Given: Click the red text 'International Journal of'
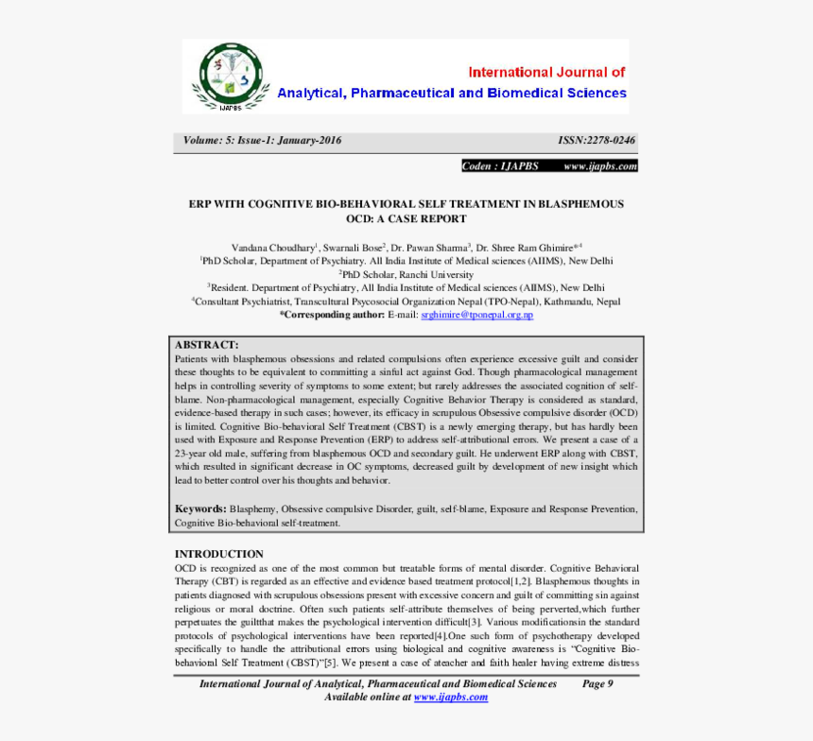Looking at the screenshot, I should (547, 72).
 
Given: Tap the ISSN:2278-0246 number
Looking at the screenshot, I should (597, 141).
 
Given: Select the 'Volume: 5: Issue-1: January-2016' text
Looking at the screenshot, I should (263, 141).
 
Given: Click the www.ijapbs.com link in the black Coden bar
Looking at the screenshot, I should (600, 166).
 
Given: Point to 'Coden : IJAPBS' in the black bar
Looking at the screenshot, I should (500, 166).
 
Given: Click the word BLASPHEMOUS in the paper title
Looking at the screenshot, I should (579, 203).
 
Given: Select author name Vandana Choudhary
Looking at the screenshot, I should (273, 247).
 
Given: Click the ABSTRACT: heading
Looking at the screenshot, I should (206, 345).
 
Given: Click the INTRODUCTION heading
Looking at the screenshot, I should (219, 554).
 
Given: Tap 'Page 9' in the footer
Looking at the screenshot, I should (597, 683).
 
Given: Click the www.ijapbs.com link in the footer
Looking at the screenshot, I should (450, 697).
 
